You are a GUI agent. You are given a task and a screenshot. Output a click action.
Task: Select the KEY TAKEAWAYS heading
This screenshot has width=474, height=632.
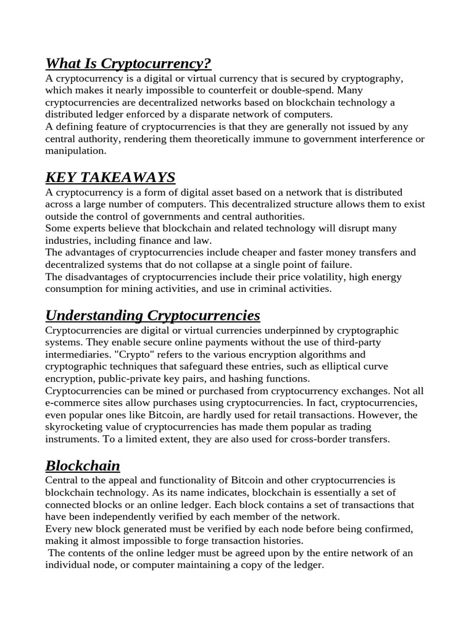[x=110, y=177]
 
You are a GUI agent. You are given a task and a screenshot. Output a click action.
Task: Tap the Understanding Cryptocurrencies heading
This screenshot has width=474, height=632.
[x=152, y=315]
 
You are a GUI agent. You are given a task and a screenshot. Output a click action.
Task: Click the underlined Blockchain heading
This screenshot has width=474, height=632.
[x=83, y=465]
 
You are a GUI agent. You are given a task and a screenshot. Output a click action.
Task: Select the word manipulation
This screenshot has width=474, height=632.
[x=75, y=151]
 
